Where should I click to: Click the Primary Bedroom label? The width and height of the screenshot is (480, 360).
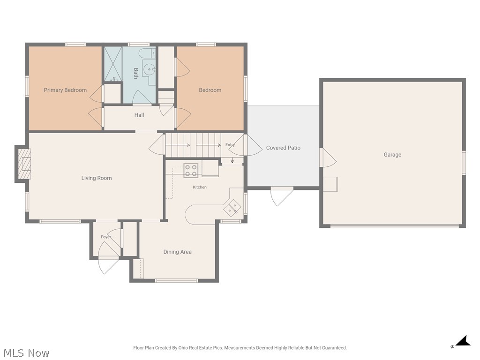point(65,90)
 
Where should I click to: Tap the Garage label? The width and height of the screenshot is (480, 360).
point(392,155)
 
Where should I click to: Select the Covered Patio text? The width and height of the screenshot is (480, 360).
point(283,148)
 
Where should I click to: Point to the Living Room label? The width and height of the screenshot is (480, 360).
point(97,178)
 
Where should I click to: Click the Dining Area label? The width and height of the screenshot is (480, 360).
point(178,252)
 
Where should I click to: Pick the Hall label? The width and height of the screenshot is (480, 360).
point(139,115)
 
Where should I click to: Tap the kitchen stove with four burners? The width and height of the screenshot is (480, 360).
point(191,171)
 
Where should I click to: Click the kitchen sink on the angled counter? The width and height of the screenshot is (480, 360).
point(231,208)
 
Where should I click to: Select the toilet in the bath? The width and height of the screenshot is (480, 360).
point(147,53)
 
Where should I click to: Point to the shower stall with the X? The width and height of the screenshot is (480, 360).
point(113,64)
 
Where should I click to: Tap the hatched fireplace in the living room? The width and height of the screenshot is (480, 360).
point(24,164)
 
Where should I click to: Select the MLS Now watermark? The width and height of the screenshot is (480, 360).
point(26,353)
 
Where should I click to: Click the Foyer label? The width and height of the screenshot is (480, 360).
point(105,237)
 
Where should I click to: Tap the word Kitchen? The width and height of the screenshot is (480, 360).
point(200,187)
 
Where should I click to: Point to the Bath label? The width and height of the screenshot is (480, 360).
point(136,74)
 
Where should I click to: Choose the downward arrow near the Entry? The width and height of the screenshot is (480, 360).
point(232,160)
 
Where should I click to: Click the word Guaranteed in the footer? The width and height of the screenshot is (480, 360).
point(334,348)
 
